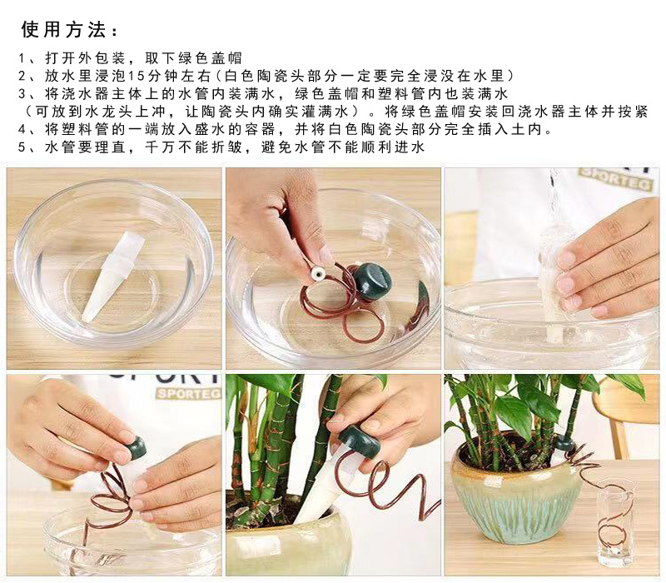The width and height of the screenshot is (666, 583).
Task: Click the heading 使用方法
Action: (x=64, y=29)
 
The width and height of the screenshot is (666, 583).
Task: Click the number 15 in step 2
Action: (x=137, y=76)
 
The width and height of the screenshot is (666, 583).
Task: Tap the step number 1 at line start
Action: (x=22, y=57)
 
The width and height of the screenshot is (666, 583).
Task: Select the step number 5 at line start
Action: (x=22, y=147)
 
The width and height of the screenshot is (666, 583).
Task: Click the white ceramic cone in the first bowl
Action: (x=114, y=277)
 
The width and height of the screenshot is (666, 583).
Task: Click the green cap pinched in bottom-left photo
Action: (x=137, y=449)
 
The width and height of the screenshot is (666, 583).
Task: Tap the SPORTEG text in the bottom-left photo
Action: (x=189, y=393)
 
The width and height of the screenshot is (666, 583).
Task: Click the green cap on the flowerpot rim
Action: (x=567, y=446)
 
